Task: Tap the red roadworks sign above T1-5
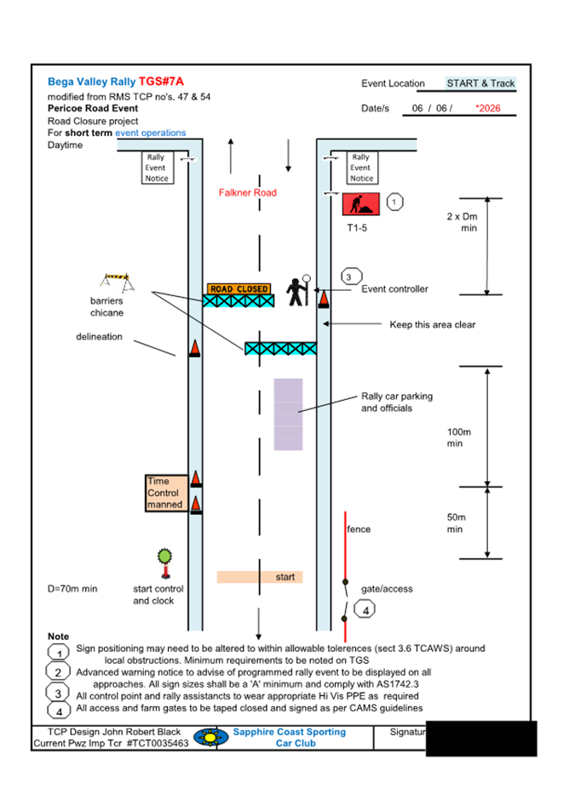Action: pyautogui.click(x=360, y=205)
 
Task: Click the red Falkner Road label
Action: pyautogui.click(x=248, y=193)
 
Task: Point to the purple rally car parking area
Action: pyautogui.click(x=288, y=414)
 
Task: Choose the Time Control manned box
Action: pyautogui.click(x=165, y=494)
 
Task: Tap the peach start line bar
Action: pyautogui.click(x=261, y=577)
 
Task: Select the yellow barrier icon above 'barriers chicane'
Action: pyautogui.click(x=115, y=280)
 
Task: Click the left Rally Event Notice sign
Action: pyautogui.click(x=157, y=168)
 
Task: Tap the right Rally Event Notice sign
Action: pyautogui.click(x=361, y=168)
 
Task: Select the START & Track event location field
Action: pyautogui.click(x=480, y=83)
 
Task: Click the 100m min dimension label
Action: pyautogui.click(x=459, y=437)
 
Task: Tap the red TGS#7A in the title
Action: pyautogui.click(x=162, y=83)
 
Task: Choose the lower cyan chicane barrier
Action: pyautogui.click(x=280, y=348)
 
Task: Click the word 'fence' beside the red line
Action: pyautogui.click(x=359, y=529)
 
